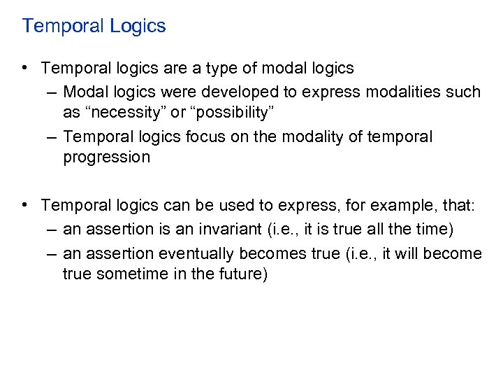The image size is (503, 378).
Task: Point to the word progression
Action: (x=106, y=157)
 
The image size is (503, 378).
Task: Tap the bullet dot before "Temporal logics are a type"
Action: (x=25, y=68)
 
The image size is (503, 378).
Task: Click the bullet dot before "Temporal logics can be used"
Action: (x=25, y=204)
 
